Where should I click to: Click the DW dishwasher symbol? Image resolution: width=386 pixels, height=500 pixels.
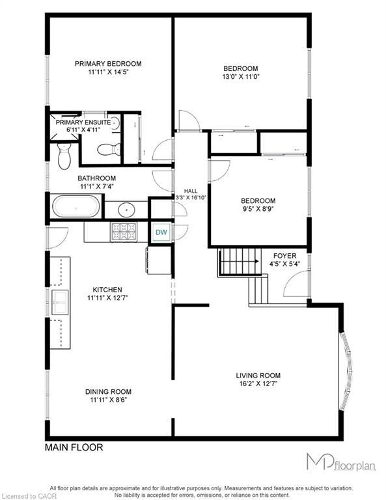(x=160, y=232)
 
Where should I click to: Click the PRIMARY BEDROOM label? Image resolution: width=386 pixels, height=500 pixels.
(x=107, y=64)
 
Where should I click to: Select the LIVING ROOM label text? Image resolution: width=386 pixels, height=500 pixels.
(x=258, y=376)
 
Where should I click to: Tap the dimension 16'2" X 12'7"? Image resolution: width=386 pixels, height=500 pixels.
(x=258, y=385)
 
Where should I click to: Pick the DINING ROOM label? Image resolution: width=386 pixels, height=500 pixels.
(x=108, y=391)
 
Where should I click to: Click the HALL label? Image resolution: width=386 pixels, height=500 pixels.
(x=190, y=191)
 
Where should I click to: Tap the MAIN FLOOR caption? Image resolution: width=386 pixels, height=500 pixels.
(x=74, y=448)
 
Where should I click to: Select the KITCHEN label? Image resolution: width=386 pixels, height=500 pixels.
(x=107, y=290)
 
